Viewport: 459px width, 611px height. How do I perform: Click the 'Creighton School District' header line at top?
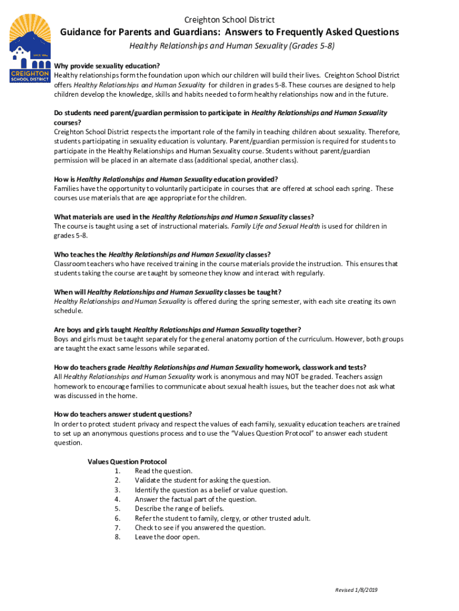(x=229, y=20)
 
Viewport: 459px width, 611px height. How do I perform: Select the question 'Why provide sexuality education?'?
(x=107, y=66)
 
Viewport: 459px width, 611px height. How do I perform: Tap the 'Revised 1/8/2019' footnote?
(x=356, y=590)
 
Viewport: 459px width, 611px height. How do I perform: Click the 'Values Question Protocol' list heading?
(x=127, y=461)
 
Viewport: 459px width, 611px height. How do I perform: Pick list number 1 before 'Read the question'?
(x=117, y=471)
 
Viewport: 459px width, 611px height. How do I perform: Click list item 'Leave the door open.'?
(x=167, y=537)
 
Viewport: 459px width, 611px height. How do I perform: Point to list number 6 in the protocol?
(x=117, y=518)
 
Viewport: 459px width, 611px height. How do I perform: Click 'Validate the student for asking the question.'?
(x=203, y=480)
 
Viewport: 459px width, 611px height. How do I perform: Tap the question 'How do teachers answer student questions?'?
(x=123, y=414)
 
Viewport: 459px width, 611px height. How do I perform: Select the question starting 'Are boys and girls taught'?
(x=177, y=329)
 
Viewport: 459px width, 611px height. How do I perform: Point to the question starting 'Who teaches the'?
(x=162, y=254)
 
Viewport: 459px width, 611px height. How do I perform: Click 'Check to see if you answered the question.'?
(x=200, y=527)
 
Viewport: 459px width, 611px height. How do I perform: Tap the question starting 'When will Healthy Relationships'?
(x=168, y=292)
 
